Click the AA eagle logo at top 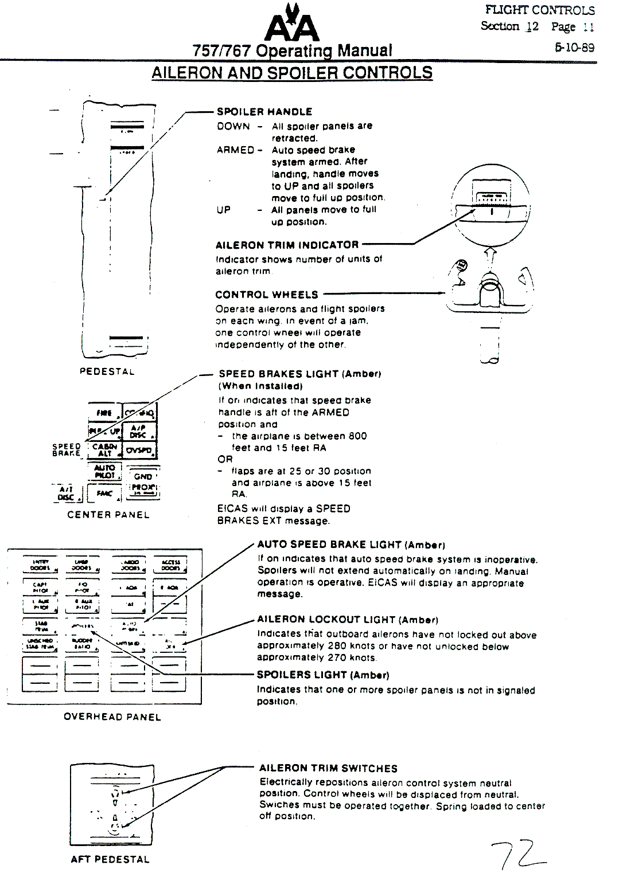(x=291, y=24)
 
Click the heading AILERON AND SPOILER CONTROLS (x=292, y=73)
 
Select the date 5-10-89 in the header (x=574, y=48)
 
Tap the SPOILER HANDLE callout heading (x=264, y=112)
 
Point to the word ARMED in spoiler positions (x=235, y=150)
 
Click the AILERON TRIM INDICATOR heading (x=287, y=245)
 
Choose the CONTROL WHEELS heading (x=267, y=295)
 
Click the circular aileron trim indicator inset (x=490, y=204)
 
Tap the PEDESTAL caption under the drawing (x=107, y=371)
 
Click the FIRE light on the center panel (x=104, y=413)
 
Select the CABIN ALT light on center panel (x=104, y=450)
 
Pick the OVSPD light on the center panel (x=139, y=451)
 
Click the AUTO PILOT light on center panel (x=105, y=472)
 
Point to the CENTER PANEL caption (x=108, y=515)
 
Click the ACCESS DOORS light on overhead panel (x=170, y=565)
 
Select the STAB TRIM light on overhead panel (x=40, y=626)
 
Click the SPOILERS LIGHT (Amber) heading (x=323, y=675)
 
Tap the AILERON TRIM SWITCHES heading (x=328, y=768)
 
